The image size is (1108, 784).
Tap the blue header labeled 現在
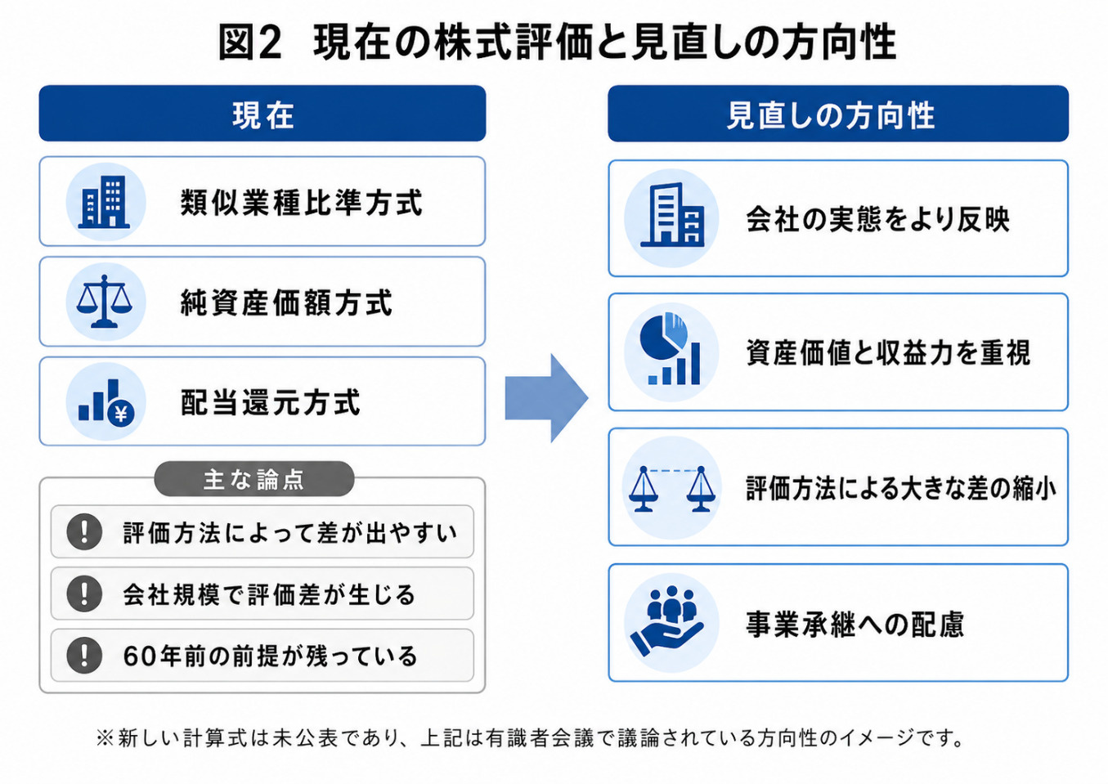[x=262, y=114]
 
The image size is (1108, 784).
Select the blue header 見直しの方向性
[x=838, y=114]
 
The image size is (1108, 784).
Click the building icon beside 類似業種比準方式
[x=105, y=202]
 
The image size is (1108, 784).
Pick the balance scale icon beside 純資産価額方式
[x=105, y=301]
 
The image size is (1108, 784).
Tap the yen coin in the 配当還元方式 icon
[x=121, y=414]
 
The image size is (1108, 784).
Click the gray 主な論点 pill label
[x=254, y=479]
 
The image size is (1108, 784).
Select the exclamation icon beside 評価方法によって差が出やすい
[x=84, y=531]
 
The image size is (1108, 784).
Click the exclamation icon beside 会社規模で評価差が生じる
[x=84, y=594]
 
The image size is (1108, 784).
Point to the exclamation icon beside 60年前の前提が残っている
[x=84, y=656]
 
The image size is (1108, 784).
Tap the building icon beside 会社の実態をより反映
[x=671, y=215]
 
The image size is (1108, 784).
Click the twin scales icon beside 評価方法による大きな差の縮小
[x=671, y=488]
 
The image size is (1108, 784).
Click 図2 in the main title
[x=250, y=43]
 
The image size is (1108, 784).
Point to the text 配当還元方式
[x=271, y=402]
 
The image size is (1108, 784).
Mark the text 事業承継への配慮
[x=855, y=624]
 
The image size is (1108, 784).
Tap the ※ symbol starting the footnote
[x=105, y=738]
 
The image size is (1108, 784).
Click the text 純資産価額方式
[x=286, y=302]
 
